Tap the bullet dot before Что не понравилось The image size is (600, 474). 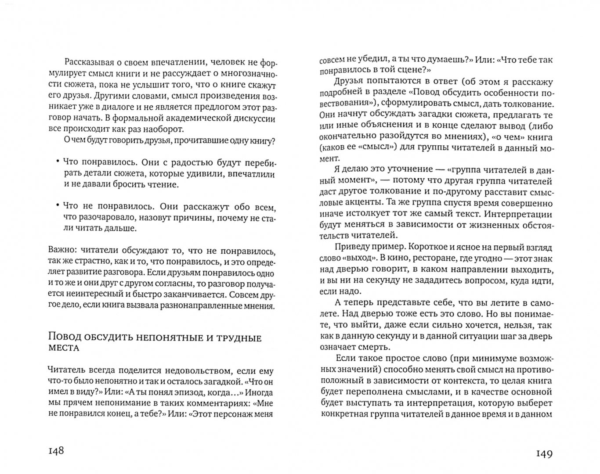(58, 205)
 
